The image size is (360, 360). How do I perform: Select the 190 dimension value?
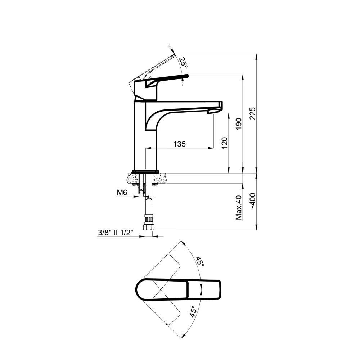[x=239, y=124]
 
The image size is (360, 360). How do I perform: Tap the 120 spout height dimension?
[x=225, y=143]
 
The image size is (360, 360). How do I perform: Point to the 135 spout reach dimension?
[x=179, y=144]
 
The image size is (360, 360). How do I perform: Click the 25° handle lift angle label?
[x=183, y=63]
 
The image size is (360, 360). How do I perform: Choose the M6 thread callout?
[x=122, y=193]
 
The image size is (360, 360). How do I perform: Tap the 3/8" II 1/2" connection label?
[x=115, y=233]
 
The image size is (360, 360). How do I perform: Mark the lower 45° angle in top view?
[x=193, y=312]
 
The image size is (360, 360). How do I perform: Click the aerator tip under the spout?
[x=213, y=112]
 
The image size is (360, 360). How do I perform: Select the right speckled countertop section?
[x=161, y=177]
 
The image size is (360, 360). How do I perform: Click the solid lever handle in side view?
[x=166, y=78]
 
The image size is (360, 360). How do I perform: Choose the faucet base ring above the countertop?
[x=145, y=171]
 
